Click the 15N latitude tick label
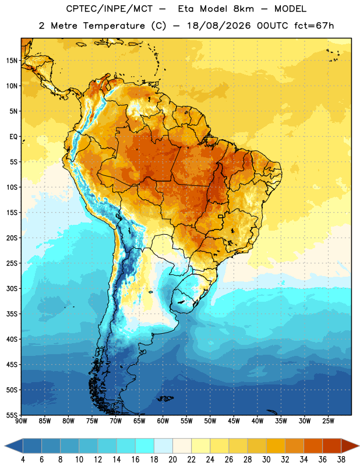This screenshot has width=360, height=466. pyautogui.click(x=12, y=61)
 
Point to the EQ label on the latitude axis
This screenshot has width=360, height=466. pyautogui.click(x=13, y=137)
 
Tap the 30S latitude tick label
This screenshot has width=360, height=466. pyautogui.click(x=12, y=288)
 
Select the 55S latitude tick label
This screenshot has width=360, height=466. pyautogui.click(x=12, y=415)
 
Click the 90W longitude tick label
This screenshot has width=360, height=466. pyautogui.click(x=21, y=421)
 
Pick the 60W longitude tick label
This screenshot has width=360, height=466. pyautogui.click(x=163, y=421)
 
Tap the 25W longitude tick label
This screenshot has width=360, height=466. pyautogui.click(x=328, y=421)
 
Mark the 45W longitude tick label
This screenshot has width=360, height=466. pyautogui.click(x=234, y=421)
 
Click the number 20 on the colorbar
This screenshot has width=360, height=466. pyautogui.click(x=172, y=460)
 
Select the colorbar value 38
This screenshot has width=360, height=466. pyautogui.click(x=341, y=460)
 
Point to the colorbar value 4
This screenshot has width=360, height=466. pyautogui.click(x=23, y=460)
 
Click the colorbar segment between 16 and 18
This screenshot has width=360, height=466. pyautogui.click(x=145, y=446)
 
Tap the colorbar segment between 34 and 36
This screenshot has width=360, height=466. pyautogui.click(x=313, y=446)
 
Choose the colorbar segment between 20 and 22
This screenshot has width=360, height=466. pyautogui.click(x=182, y=446)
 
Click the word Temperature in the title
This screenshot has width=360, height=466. pyautogui.click(x=114, y=26)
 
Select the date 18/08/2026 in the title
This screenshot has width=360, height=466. pyautogui.click(x=219, y=26)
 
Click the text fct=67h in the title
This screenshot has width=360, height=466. pyautogui.click(x=314, y=26)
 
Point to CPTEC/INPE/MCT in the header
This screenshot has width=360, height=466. pyautogui.click(x=110, y=9)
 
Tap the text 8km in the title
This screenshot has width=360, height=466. pyautogui.click(x=243, y=9)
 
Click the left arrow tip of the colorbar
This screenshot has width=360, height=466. pyautogui.click(x=5, y=446)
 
